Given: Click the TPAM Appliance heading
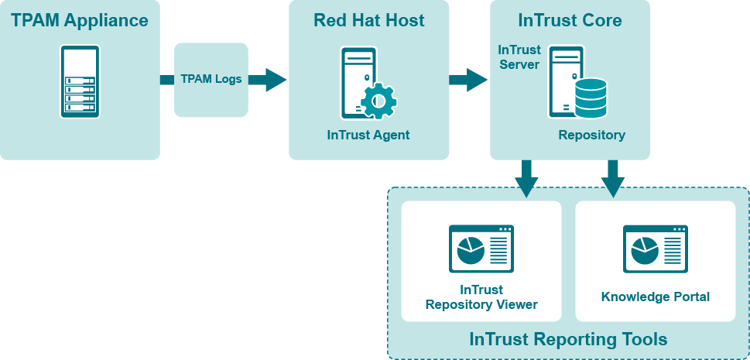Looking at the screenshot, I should point(80,20).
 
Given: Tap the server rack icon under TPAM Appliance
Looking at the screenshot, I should point(80,81).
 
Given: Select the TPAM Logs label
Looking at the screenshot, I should point(211,79).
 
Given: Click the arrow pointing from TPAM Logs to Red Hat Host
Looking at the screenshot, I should point(272,79).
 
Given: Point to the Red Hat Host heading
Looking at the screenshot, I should point(368,20).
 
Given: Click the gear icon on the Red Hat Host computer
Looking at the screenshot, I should point(378,100).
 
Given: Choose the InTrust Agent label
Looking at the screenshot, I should point(368,135).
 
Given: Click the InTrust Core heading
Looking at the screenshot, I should point(570,20).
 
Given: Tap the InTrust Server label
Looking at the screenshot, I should point(519,57).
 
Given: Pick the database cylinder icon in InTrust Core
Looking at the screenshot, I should point(591,98).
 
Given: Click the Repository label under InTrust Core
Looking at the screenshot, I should point(592,135).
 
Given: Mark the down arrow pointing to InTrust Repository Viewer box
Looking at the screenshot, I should point(526,179).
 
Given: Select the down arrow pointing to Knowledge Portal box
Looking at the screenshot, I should point(613,179).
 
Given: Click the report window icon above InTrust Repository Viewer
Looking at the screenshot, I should point(481,249).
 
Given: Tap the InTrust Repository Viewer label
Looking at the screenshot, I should point(481,297).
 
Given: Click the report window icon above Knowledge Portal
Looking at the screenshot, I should point(656,249).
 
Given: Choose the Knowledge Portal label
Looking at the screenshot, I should point(656,297).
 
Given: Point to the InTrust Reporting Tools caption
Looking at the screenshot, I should point(568,339).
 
